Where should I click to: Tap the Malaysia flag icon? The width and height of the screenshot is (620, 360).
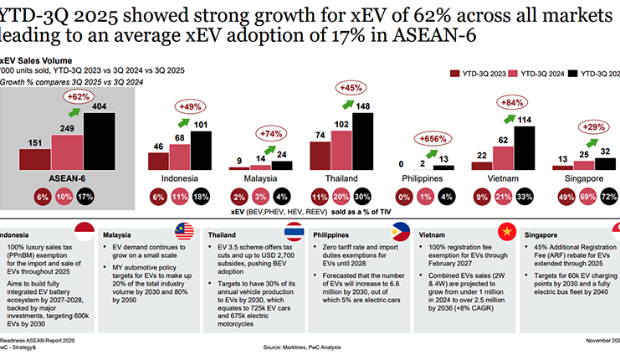click(x=185, y=232)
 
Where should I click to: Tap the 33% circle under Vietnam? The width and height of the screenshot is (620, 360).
click(x=524, y=195)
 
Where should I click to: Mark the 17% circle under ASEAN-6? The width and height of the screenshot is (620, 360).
click(x=85, y=195)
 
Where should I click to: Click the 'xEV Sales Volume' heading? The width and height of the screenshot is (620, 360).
click(x=36, y=61)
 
